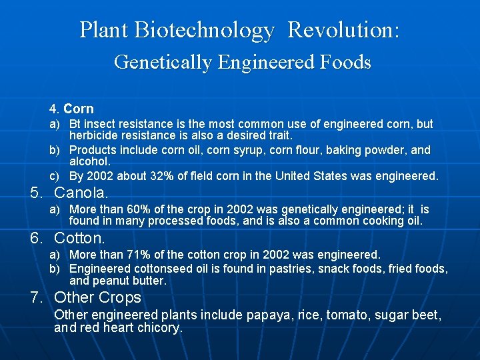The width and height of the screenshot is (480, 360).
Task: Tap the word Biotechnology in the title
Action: (204, 30)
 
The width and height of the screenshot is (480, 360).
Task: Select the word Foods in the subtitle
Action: (347, 63)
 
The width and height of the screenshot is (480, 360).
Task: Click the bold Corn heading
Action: (79, 109)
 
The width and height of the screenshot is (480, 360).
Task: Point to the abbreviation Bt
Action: (75, 124)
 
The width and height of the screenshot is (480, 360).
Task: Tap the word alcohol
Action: (90, 161)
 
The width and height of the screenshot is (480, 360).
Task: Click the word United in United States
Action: (330, 177)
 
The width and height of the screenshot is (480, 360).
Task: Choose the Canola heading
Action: (81, 193)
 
